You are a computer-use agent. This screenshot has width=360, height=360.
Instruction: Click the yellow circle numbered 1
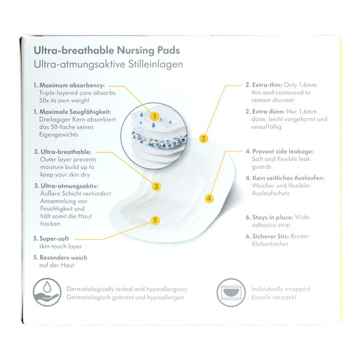tap(155, 116)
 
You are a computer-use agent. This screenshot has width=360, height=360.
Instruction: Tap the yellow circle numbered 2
tap(203, 139)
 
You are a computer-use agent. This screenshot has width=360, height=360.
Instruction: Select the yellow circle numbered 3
tap(156, 186)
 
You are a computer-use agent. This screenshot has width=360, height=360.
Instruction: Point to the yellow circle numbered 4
tap(209, 198)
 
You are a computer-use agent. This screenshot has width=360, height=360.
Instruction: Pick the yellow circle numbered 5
tap(155, 220)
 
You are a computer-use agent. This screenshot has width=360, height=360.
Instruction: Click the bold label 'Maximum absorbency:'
tap(73, 85)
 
